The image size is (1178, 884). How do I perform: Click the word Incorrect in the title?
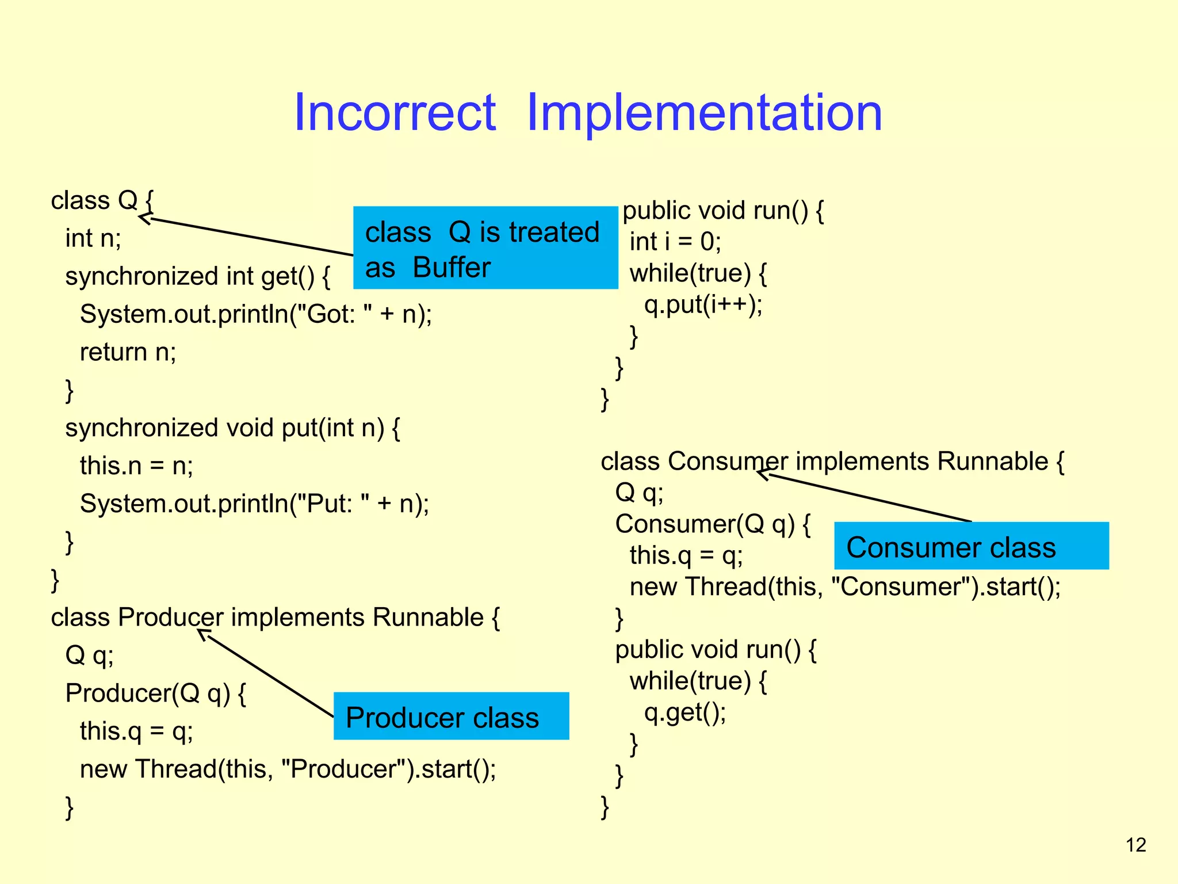(x=395, y=113)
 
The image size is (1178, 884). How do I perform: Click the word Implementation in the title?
(x=704, y=113)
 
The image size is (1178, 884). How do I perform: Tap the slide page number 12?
(x=1135, y=845)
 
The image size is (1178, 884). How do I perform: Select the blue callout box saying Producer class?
(x=451, y=716)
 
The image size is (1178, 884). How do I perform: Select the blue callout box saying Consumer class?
(x=971, y=546)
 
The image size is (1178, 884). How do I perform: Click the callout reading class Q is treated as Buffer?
(x=485, y=248)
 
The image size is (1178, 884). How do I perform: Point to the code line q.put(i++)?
(x=703, y=304)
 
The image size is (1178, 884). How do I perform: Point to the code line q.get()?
(x=684, y=712)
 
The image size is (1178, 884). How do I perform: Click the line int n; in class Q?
(x=93, y=238)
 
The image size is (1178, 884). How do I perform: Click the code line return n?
(x=128, y=352)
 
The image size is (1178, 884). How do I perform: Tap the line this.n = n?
(x=136, y=466)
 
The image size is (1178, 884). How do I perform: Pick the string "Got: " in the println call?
(x=331, y=314)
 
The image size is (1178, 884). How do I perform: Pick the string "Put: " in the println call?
(x=330, y=504)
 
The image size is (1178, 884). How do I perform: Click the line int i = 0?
(x=675, y=242)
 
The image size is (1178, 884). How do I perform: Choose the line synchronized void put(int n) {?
(x=232, y=428)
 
